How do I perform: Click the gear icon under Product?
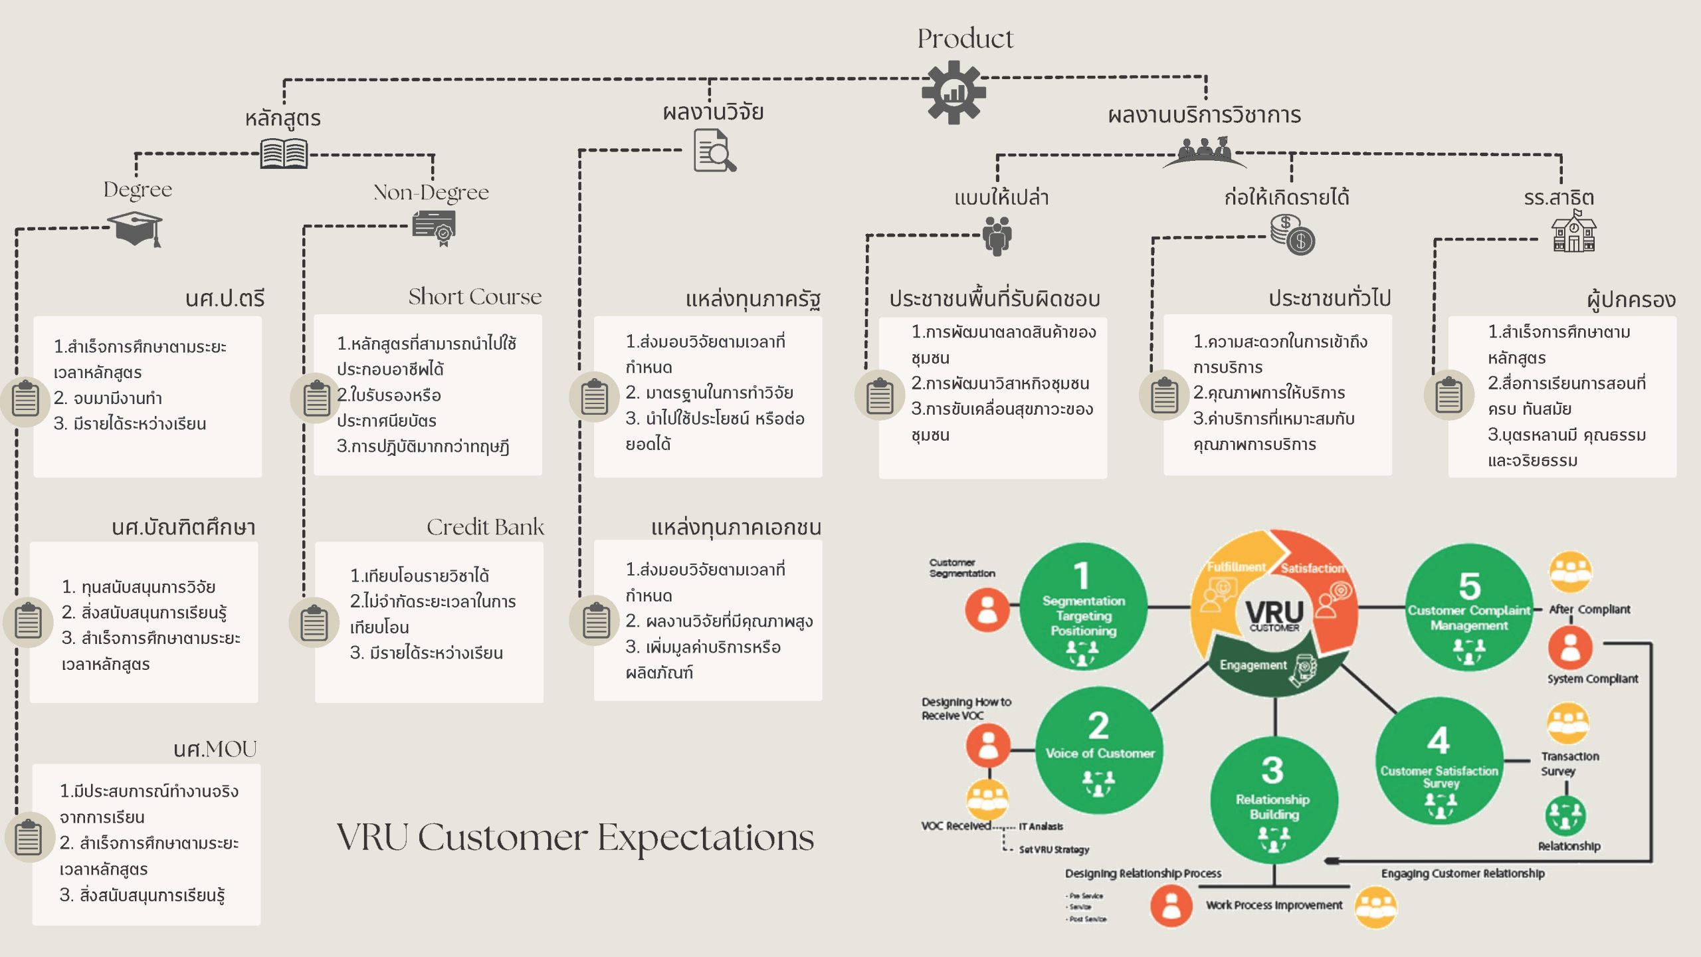(x=953, y=92)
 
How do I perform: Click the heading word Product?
(x=965, y=39)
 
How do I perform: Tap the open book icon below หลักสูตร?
(x=284, y=154)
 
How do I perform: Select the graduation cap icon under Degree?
(x=137, y=229)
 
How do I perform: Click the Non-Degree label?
(x=431, y=192)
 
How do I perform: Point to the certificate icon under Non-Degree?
(x=435, y=228)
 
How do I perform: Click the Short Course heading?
(x=474, y=296)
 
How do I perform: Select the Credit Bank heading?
(x=485, y=527)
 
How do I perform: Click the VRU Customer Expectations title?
(x=575, y=837)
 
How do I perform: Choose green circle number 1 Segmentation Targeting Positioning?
(x=1083, y=606)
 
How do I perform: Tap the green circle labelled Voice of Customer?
(x=1099, y=750)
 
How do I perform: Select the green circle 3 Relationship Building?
(x=1274, y=799)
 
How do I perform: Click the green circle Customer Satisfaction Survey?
(x=1439, y=762)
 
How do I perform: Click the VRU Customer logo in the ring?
(x=1274, y=615)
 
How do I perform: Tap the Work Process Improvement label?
(x=1274, y=905)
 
